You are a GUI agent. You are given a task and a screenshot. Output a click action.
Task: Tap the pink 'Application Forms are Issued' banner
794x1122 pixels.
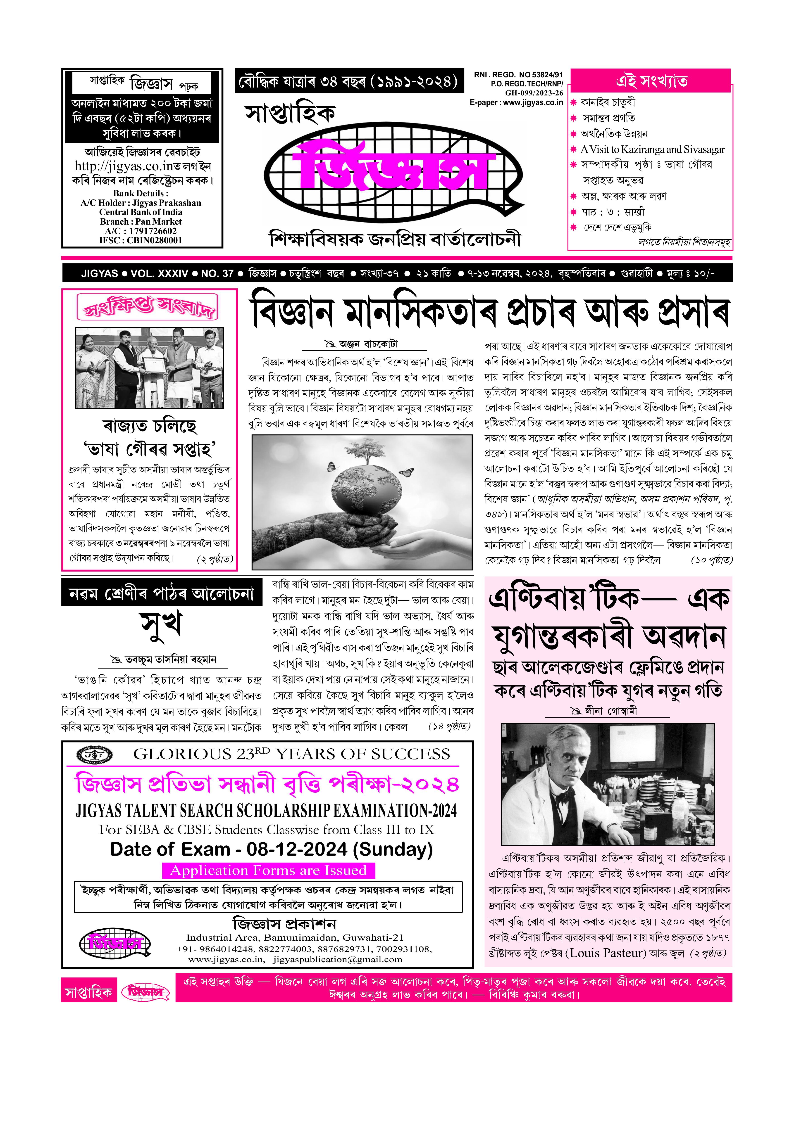[x=268, y=870]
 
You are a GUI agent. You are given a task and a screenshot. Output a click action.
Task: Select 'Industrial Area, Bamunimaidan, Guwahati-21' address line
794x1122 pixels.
[x=295, y=937]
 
